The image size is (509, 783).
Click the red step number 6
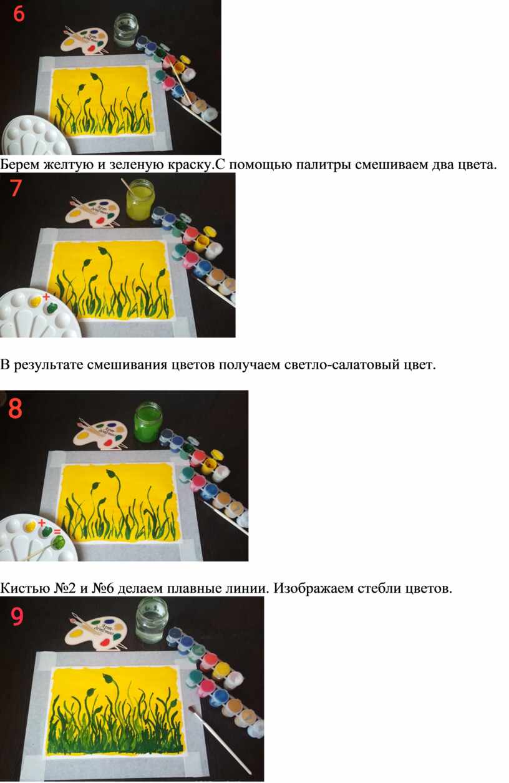[19, 14]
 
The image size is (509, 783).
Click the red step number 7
[16, 188]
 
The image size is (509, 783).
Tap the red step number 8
[16, 408]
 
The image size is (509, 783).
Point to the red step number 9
[17, 616]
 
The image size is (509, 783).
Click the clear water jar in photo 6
[126, 30]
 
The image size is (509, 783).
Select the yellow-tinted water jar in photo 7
[140, 200]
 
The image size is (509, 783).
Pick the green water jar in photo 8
[148, 422]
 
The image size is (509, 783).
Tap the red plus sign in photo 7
[46, 297]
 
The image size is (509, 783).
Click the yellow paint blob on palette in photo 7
[36, 301]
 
